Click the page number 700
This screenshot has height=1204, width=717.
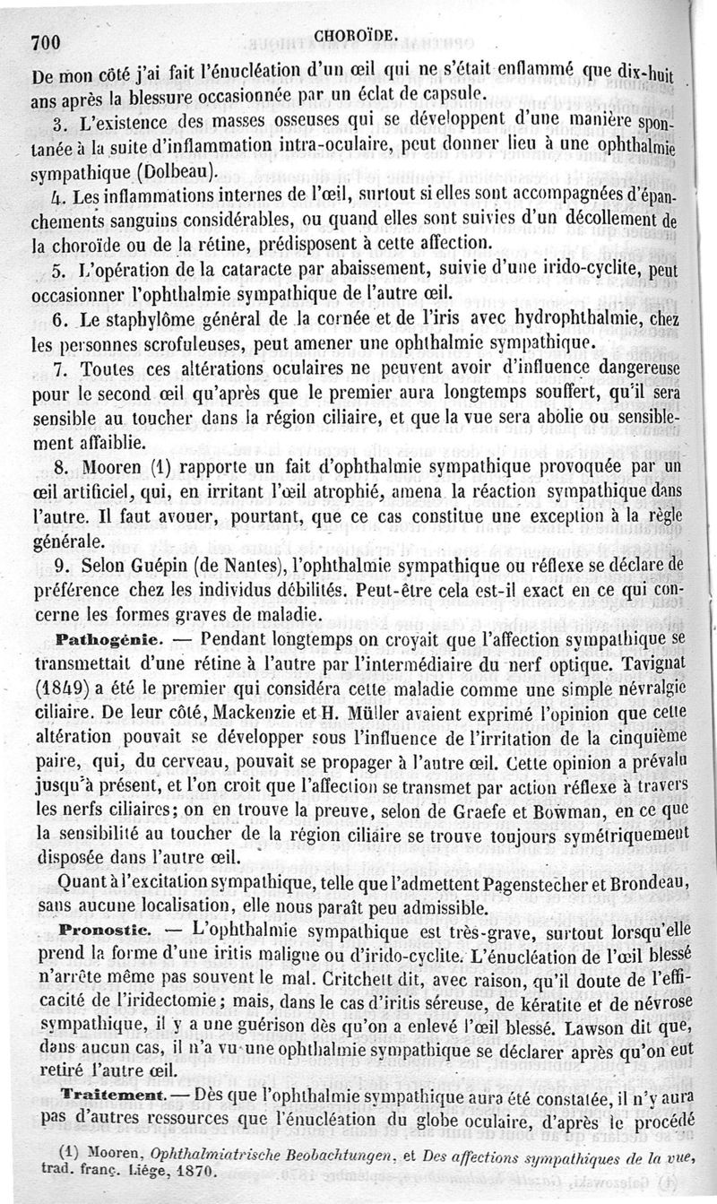tap(44, 42)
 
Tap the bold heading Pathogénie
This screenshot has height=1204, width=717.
tap(108, 640)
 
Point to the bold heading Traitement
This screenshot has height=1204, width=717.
tap(109, 1096)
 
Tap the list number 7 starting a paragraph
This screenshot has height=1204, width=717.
tap(59, 368)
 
